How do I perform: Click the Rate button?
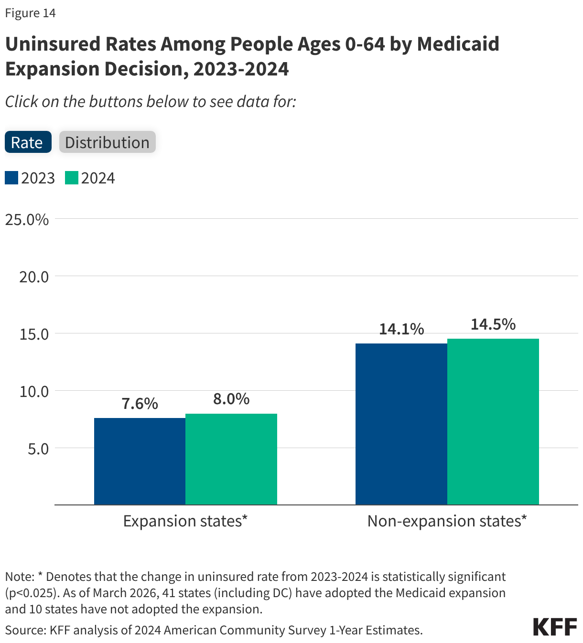tap(28, 142)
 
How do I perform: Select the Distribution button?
tap(107, 142)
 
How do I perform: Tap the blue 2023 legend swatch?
tap(11, 178)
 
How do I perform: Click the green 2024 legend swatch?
tap(72, 178)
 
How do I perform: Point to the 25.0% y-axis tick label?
tap(27, 220)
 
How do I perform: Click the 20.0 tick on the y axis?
tap(34, 277)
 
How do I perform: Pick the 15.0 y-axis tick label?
tap(34, 334)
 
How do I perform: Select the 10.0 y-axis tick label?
tap(34, 391)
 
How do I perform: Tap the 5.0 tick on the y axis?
tap(38, 449)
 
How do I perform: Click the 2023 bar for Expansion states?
tap(140, 461)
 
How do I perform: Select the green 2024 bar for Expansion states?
tap(231, 459)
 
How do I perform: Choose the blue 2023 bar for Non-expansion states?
tap(401, 424)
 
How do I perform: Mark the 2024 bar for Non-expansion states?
tap(493, 421)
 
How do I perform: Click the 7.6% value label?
tap(140, 404)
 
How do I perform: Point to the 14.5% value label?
tap(493, 324)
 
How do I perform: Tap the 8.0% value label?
tap(231, 399)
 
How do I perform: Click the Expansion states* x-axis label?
tap(185, 521)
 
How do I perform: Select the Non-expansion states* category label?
tap(447, 521)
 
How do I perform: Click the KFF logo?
tap(555, 627)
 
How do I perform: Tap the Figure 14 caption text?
tap(31, 13)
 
